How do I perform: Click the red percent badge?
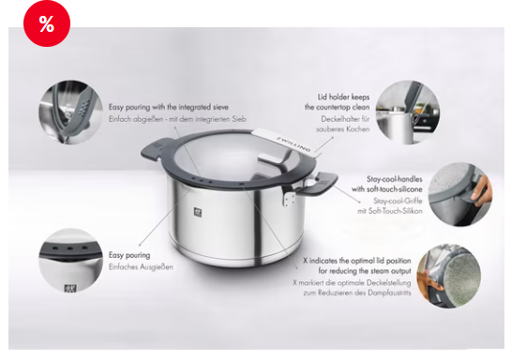(47, 23)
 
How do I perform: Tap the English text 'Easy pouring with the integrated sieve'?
(169, 107)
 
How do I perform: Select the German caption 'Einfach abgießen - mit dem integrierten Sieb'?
(177, 119)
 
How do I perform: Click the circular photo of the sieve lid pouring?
(70, 112)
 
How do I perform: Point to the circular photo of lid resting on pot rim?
(407, 112)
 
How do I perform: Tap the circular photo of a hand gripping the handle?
(459, 194)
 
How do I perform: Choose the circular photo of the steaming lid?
(449, 277)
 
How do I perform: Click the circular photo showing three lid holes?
(70, 261)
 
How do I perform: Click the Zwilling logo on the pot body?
(198, 212)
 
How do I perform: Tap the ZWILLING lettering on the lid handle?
(293, 143)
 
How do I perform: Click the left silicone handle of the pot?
(158, 150)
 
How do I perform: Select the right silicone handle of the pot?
(321, 184)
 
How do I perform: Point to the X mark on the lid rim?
(242, 185)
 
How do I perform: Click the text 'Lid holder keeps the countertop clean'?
(337, 102)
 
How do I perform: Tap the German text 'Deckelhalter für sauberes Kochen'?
(342, 124)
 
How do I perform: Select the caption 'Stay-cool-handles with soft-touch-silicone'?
(387, 184)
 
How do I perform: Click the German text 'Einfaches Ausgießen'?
(141, 267)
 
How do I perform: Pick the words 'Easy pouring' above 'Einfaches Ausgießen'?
(129, 255)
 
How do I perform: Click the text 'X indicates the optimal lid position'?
(357, 261)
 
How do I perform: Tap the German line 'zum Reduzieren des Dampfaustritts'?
(357, 292)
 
